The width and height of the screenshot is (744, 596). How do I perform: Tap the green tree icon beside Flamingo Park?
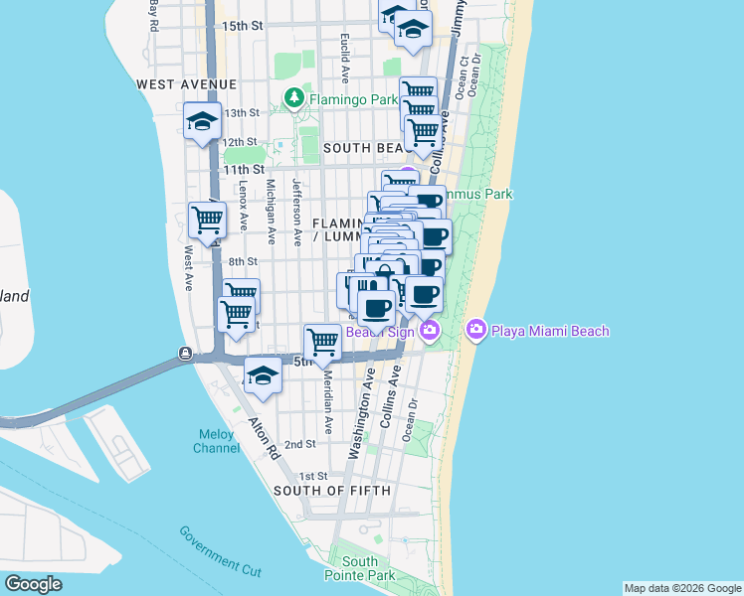(294, 97)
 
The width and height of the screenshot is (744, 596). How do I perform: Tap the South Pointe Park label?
(359, 568)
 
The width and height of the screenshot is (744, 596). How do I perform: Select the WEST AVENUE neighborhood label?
(187, 84)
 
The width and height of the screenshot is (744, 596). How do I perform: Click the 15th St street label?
(242, 25)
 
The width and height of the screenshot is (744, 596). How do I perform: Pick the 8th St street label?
(244, 262)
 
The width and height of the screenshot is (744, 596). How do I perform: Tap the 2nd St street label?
(299, 445)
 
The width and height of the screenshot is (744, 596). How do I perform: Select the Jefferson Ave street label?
(296, 212)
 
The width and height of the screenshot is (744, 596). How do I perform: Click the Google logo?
(34, 584)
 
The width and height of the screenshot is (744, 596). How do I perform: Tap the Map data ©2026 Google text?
(681, 588)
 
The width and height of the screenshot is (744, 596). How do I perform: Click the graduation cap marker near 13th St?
(202, 122)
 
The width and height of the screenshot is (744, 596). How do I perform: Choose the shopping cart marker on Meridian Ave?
(323, 343)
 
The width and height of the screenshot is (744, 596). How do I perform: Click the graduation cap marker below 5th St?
(263, 377)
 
